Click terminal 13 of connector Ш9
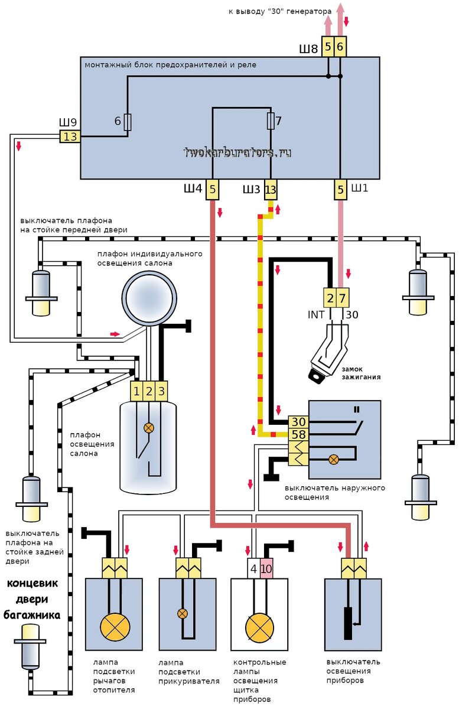pyautogui.click(x=70, y=137)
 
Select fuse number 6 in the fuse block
pyautogui.click(x=128, y=122)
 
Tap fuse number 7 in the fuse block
pyautogui.click(x=271, y=121)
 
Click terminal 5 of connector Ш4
pyautogui.click(x=213, y=190)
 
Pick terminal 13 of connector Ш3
pyautogui.click(x=271, y=190)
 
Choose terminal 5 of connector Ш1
pyautogui.click(x=340, y=190)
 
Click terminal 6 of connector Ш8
pyautogui.click(x=340, y=46)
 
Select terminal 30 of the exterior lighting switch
pyautogui.click(x=298, y=422)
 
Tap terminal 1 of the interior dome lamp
pyautogui.click(x=137, y=391)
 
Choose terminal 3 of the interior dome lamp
pyautogui.click(x=162, y=391)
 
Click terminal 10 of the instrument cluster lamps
pyautogui.click(x=266, y=570)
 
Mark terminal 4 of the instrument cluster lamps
pyautogui.click(x=253, y=570)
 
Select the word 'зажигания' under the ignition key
pyautogui.click(x=360, y=376)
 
